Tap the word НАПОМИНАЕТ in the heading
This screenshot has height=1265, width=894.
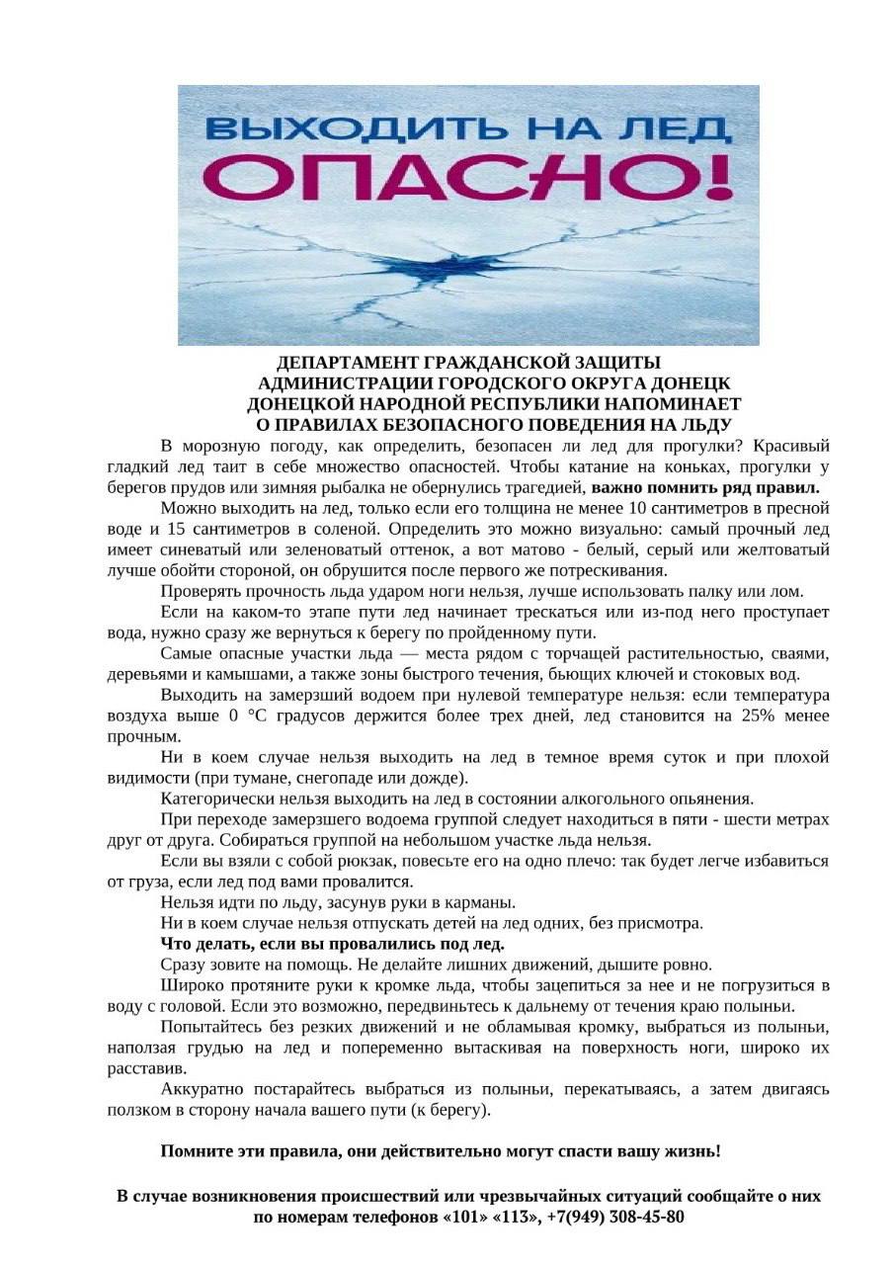pyautogui.click(x=672, y=404)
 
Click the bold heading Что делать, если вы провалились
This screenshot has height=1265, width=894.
pyautogui.click(x=332, y=943)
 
